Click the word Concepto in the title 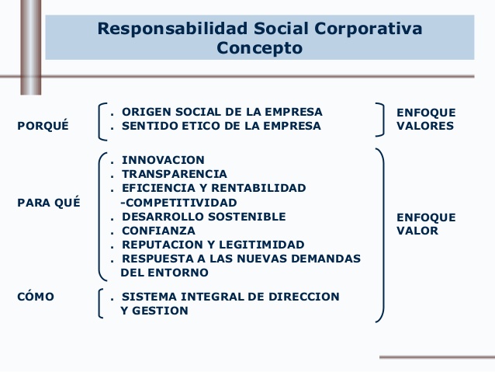(259, 48)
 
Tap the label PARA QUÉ (46, 203)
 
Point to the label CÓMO (36, 297)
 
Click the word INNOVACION (164, 160)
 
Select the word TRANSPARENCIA (175, 174)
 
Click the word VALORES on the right (425, 126)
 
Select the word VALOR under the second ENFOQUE (417, 231)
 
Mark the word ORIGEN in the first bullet (144, 112)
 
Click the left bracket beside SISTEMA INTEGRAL (102, 303)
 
